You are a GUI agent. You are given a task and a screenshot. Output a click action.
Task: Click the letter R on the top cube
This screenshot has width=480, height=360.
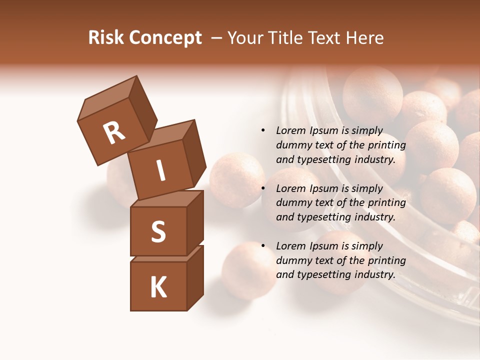point(114,133)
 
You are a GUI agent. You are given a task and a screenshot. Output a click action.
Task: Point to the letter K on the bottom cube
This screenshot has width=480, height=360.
point(158,287)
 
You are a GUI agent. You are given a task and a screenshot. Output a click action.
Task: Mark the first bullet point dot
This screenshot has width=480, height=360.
point(263,131)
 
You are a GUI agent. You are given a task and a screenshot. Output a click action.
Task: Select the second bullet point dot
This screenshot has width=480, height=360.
point(263,188)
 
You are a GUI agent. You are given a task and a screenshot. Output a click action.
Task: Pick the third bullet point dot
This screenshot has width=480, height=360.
point(263,246)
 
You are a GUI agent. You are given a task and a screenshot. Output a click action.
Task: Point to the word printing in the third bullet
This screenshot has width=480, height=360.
point(387,260)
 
